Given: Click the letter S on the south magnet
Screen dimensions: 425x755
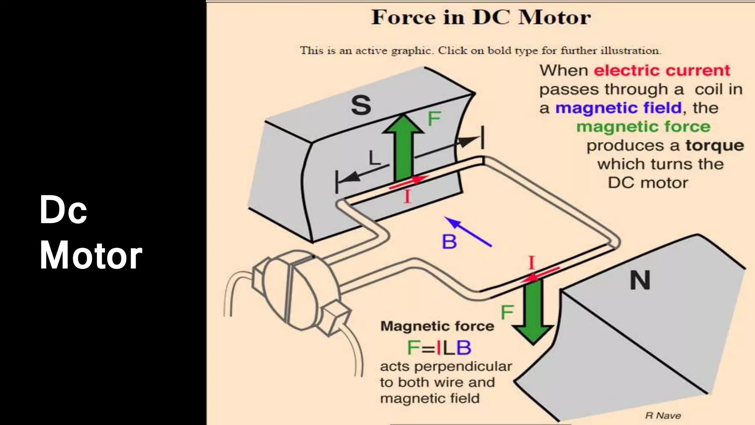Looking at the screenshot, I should (361, 106).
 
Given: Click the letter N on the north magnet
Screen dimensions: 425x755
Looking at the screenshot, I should (640, 281).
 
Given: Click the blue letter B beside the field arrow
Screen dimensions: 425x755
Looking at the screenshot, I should (449, 242).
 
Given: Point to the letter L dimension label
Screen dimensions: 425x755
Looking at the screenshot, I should (374, 159).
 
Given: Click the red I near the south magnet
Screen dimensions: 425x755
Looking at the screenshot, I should (407, 197).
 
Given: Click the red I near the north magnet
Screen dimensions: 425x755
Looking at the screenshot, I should (531, 263).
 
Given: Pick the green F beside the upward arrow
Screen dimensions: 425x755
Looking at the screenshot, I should (434, 119).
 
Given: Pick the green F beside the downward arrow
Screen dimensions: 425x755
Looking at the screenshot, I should (507, 312).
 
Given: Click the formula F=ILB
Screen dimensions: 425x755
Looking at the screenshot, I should (439, 348).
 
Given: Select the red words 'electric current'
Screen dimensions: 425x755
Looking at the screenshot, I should (662, 70).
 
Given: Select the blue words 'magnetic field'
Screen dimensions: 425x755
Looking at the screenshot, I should (618, 108).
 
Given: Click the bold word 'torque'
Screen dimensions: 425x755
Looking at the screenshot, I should (714, 146).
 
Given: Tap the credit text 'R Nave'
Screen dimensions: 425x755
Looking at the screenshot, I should (663, 415).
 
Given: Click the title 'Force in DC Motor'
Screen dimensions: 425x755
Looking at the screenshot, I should (481, 17).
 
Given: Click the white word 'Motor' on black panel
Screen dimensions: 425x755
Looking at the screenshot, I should (91, 255).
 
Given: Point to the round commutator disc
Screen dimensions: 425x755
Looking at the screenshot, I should (295, 290).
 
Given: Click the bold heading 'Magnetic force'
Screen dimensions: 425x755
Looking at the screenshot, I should (437, 326).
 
